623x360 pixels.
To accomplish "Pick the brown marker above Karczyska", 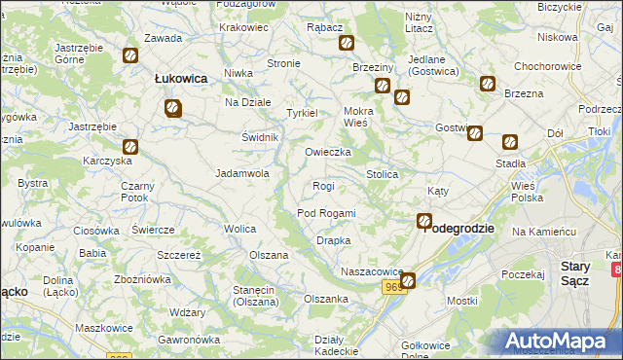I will pyautogui.click(x=129, y=148).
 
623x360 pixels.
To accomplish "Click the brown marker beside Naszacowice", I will pyautogui.click(x=408, y=280).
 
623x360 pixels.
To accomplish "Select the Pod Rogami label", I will pyautogui.click(x=326, y=213).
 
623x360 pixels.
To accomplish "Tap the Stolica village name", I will pyautogui.click(x=382, y=174).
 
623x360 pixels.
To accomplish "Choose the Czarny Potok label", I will pyautogui.click(x=134, y=192).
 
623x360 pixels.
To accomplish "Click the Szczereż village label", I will pyautogui.click(x=179, y=254).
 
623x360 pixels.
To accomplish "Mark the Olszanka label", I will pyautogui.click(x=326, y=299).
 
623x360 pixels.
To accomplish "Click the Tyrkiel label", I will pyautogui.click(x=302, y=114).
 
